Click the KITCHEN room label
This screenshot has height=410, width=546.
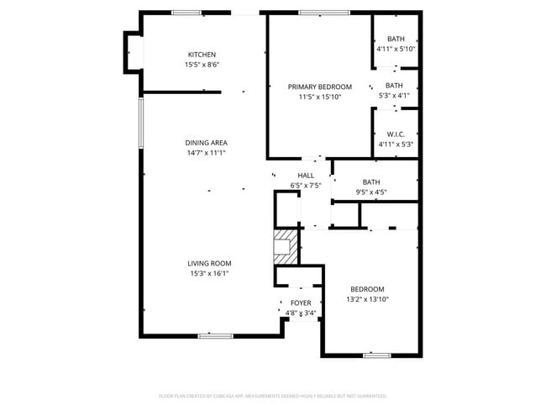click(202, 55)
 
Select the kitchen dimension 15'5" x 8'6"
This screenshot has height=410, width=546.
click(202, 65)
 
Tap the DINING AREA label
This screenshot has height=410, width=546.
click(207, 142)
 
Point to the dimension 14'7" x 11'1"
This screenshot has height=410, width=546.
click(207, 152)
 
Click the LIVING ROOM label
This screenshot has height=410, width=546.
click(209, 263)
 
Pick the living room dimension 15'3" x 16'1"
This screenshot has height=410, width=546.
click(209, 273)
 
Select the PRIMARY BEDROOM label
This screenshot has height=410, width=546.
click(319, 87)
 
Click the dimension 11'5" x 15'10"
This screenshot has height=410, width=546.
click(319, 97)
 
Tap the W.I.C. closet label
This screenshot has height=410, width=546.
click(396, 134)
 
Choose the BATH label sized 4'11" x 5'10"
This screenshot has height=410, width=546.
click(396, 39)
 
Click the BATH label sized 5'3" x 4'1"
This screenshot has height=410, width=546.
click(395, 85)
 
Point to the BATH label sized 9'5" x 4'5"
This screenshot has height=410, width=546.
click(371, 182)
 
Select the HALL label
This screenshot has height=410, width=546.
click(306, 176)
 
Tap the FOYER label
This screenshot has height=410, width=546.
click(301, 302)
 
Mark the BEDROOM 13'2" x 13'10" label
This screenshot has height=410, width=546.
click(368, 289)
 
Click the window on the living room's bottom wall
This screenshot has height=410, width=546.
click(216, 336)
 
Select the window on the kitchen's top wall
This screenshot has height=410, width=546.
click(186, 13)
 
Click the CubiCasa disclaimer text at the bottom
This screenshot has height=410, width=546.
click(273, 395)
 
